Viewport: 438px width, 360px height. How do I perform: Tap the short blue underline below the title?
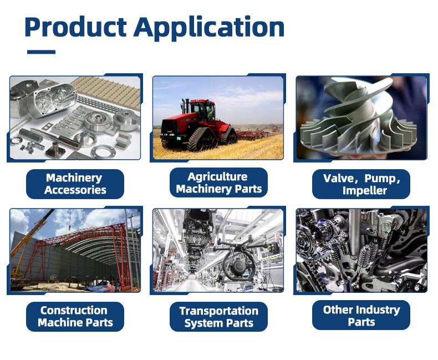click(x=41, y=52)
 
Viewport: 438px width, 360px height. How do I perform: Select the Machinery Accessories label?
click(x=75, y=184)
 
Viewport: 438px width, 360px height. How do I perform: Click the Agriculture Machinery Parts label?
click(x=218, y=183)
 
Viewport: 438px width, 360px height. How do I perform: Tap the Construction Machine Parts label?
click(x=75, y=317)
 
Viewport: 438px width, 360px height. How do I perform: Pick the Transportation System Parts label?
click(x=218, y=317)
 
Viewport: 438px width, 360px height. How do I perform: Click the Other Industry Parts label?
click(x=361, y=316)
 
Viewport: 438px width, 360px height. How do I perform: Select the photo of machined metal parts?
click(x=75, y=118)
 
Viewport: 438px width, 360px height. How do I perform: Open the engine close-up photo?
click(x=361, y=250)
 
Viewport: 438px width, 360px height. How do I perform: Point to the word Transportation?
click(x=219, y=311)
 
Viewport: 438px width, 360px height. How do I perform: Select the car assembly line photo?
click(x=218, y=250)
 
